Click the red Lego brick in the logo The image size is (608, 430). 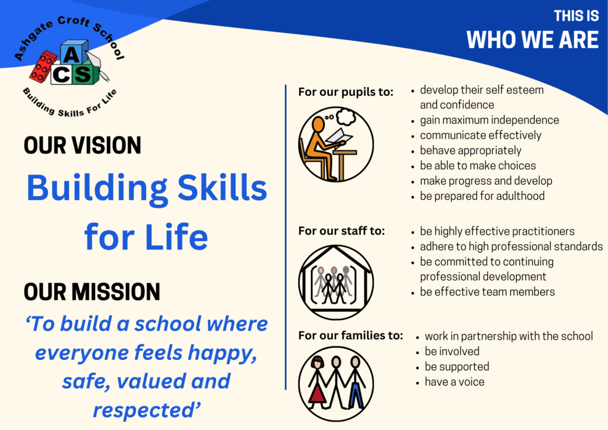(43, 67)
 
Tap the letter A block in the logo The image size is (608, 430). (73, 52)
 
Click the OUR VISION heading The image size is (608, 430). (82, 146)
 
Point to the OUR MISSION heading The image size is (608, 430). (92, 292)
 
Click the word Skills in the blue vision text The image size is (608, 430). (222, 188)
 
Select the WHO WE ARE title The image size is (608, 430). (533, 40)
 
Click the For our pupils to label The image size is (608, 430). (346, 92)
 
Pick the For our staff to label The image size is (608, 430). (341, 230)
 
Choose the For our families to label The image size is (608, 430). (350, 335)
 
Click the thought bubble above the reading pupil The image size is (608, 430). (346, 117)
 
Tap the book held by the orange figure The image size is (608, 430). (339, 135)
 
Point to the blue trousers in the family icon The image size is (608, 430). (356, 395)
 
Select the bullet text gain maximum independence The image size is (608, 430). (489, 120)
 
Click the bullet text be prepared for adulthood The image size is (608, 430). (482, 196)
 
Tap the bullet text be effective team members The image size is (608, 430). (487, 292)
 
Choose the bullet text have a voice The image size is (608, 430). (454, 382)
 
